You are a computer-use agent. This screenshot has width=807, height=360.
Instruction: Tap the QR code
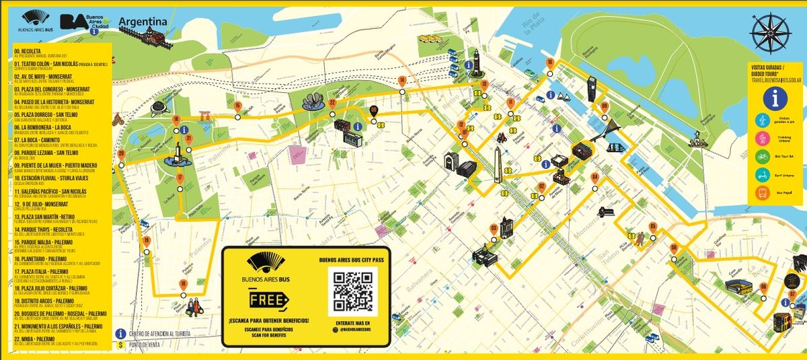click(352, 291)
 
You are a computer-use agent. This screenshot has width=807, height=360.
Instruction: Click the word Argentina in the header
click(143, 22)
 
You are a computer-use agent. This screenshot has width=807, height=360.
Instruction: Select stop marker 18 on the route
click(183, 285)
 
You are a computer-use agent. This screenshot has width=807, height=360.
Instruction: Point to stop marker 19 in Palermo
click(146, 241)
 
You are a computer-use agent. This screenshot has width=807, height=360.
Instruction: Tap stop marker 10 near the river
click(550, 63)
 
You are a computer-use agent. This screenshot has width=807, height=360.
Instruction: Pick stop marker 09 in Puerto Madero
click(604, 106)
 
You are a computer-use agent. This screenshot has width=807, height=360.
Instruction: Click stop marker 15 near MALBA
click(237, 106)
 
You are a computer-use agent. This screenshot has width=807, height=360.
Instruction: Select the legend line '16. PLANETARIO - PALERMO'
click(40, 258)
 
